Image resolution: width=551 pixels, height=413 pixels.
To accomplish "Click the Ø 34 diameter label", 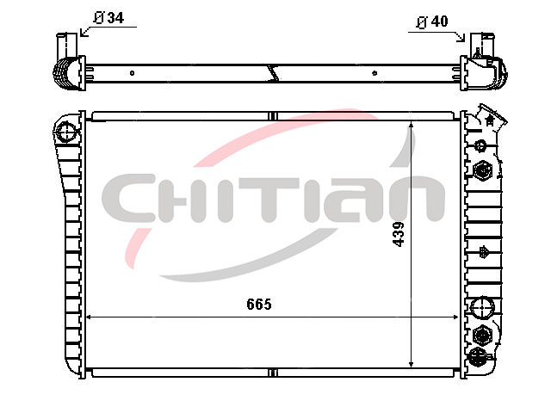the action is pos(109,17).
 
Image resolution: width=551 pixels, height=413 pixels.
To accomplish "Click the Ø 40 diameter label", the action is pos(432,22).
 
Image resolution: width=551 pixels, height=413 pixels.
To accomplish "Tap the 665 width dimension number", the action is pos(259,304).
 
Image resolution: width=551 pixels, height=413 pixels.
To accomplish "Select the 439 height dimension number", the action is pos(399,234).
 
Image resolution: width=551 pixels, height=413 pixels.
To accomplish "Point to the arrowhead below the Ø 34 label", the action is pos(83,33).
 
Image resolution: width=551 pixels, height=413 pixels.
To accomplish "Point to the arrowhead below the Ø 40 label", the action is pos(461,38).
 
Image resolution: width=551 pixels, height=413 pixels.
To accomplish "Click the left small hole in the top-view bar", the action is pos(132,73).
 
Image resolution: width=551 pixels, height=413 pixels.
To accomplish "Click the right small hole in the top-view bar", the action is pos(375,73).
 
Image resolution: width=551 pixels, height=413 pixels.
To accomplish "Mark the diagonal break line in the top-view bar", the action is pos(274,73).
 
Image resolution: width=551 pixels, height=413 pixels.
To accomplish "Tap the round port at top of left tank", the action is pos(66,132).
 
